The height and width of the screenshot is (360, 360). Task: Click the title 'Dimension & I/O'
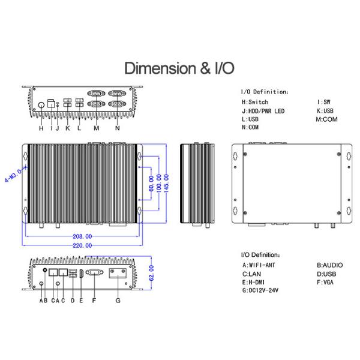click(179, 68)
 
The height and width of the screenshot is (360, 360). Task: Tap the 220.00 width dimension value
click(82, 245)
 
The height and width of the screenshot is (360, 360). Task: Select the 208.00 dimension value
click(82, 236)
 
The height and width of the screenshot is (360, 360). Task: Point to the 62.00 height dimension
click(151, 273)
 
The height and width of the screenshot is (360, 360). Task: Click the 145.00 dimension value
click(166, 183)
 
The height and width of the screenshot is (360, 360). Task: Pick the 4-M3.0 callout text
click(13, 175)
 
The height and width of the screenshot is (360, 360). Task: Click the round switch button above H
click(41, 105)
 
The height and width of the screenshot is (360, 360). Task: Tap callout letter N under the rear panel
click(118, 128)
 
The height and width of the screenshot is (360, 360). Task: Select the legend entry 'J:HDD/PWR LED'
click(263, 111)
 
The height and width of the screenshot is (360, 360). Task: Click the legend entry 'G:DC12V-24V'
click(260, 290)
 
